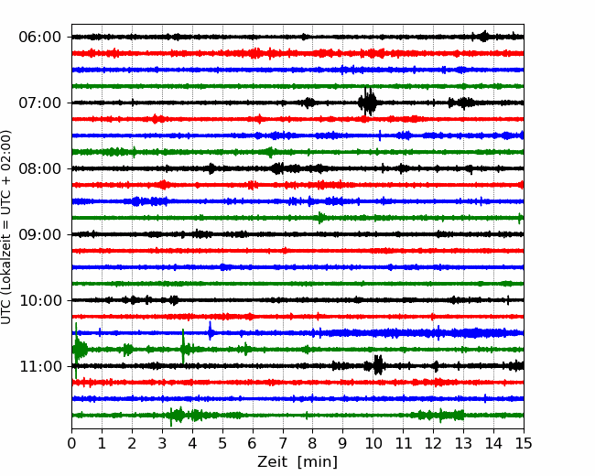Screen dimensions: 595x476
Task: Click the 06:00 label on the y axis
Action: click(40, 38)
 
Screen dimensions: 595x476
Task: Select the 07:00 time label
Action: click(40, 103)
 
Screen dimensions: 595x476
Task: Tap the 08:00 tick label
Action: click(40, 168)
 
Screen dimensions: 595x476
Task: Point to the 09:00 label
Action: click(40, 234)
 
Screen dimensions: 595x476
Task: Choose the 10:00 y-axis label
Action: click(40, 300)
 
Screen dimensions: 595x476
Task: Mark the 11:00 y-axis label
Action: click(40, 366)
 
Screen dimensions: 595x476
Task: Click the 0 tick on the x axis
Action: click(71, 443)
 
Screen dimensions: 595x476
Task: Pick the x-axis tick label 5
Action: click(222, 443)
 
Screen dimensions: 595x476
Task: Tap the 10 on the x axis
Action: click(373, 443)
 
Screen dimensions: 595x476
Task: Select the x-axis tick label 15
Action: click(524, 443)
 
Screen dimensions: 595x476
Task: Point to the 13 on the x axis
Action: click(463, 443)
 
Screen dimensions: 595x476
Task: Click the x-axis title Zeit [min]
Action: click(297, 462)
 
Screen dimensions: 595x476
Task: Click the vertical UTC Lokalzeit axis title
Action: click(6, 227)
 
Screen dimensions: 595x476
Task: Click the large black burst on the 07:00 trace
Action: click(367, 102)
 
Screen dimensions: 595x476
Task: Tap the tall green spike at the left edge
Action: click(77, 350)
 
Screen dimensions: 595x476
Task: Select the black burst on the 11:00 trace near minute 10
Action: click(377, 365)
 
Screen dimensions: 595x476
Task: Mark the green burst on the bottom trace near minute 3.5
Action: click(177, 416)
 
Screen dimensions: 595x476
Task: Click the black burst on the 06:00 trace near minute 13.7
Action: click(484, 37)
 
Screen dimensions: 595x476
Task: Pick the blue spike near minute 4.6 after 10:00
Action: click(210, 331)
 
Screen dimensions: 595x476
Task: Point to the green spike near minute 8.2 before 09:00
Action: click(320, 218)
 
